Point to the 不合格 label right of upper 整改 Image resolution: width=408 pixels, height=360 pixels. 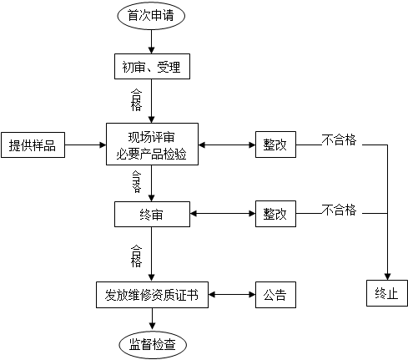[x=339, y=139]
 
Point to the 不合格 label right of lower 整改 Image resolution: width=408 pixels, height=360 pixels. [x=339, y=210]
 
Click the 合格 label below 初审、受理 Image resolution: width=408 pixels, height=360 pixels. [x=136, y=100]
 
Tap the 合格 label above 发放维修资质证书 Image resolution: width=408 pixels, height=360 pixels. [x=136, y=256]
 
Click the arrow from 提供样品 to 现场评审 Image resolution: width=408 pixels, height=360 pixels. [x=85, y=145]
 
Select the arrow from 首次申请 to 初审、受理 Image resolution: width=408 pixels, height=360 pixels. [x=151, y=42]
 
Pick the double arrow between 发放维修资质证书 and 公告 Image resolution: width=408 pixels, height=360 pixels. [x=232, y=295]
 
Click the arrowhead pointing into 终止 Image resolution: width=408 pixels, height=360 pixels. [x=387, y=276]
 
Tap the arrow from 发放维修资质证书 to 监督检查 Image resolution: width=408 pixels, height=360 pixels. [x=152, y=318]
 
